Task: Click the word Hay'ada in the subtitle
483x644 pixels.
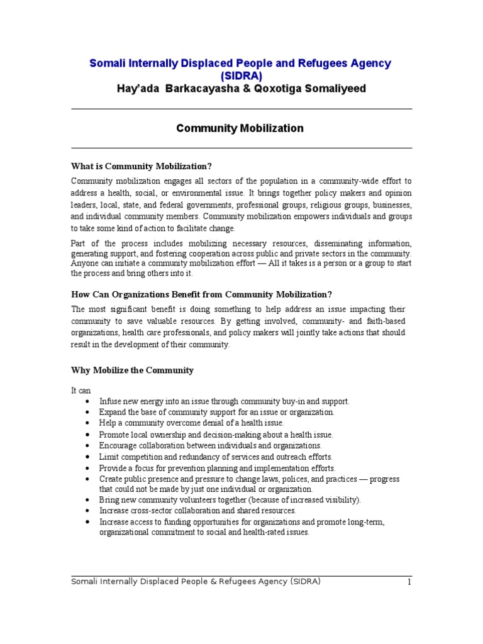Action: tap(138, 89)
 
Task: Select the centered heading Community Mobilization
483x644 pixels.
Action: tap(240, 128)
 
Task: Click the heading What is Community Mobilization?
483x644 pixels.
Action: tap(142, 166)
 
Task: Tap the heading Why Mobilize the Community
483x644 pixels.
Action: tap(132, 370)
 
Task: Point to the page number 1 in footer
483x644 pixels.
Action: tap(409, 582)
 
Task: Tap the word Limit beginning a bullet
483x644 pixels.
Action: tap(109, 457)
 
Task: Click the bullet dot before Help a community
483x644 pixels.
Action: tap(86, 423)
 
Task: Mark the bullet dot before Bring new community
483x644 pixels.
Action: tap(86, 500)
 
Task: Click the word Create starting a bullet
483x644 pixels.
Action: tap(111, 479)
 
